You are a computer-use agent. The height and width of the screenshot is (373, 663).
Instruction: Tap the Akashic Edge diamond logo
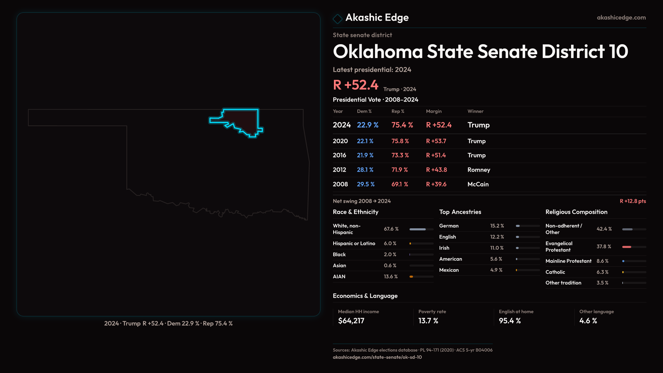337,19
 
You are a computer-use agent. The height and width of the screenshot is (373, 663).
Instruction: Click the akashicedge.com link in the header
621,18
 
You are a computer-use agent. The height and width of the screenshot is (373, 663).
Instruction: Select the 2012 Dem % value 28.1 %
365,170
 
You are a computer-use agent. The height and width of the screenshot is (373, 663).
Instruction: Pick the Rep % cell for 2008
400,184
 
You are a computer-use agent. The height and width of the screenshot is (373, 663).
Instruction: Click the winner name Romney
479,170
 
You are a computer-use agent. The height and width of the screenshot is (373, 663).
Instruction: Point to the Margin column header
434,111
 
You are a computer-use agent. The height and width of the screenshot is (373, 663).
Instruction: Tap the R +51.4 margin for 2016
436,155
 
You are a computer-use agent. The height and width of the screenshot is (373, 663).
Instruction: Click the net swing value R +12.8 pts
633,201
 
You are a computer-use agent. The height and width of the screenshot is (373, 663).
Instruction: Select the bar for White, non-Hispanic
421,229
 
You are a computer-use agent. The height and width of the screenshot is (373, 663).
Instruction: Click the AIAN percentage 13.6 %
391,277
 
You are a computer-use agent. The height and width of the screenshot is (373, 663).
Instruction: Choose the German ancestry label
449,226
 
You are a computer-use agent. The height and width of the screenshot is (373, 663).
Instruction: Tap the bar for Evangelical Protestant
634,247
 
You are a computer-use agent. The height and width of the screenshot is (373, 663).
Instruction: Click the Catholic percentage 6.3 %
602,272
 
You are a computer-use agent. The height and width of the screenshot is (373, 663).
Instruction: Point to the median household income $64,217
351,321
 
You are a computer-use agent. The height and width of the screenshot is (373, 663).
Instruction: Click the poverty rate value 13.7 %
428,321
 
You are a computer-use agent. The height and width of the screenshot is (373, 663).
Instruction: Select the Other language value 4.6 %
588,321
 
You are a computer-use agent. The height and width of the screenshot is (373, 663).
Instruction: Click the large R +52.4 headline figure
355,85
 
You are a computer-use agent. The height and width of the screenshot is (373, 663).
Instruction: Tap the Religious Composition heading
576,212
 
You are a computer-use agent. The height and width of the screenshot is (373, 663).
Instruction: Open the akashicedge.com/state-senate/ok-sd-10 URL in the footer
377,357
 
